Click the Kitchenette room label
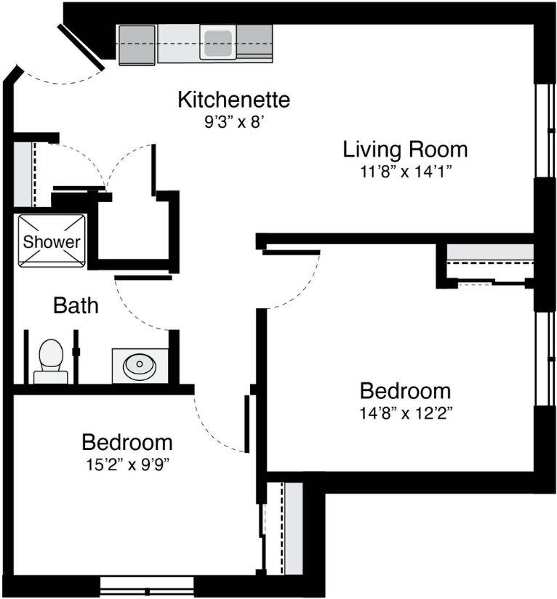(x=234, y=100)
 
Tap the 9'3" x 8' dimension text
(x=235, y=122)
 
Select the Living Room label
(x=405, y=149)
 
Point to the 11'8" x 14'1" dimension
(x=405, y=172)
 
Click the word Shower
(x=52, y=241)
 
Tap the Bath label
(x=76, y=305)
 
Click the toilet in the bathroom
(x=51, y=361)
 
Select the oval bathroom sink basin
(x=140, y=365)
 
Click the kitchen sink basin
(x=218, y=43)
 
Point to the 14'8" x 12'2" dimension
(x=406, y=413)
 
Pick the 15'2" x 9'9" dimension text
(x=127, y=465)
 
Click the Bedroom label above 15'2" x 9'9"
(x=127, y=443)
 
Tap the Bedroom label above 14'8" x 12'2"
(x=405, y=391)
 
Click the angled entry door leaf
(x=81, y=48)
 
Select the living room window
(x=545, y=130)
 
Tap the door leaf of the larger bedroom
(x=291, y=252)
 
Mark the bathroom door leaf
(x=143, y=278)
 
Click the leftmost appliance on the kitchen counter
(x=137, y=46)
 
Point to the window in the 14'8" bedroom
(x=545, y=358)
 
